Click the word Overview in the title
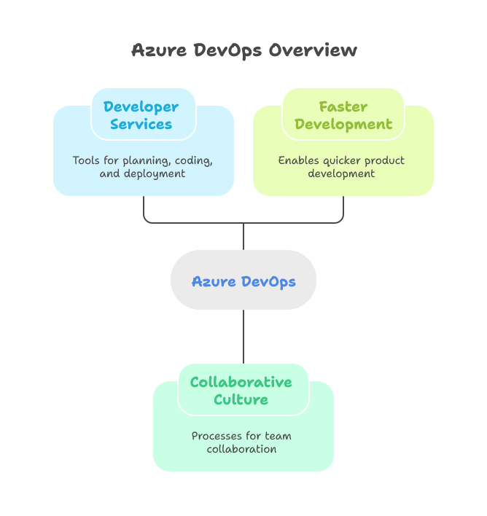coord(313,51)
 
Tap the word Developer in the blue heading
coord(141,107)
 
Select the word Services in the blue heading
coord(141,125)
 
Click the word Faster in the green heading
coord(343,107)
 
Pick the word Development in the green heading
coord(343,125)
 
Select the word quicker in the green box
coord(342,160)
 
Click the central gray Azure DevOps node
coord(243,281)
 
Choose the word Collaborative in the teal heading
coord(241,383)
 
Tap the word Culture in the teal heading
coord(241,400)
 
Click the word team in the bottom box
coord(278,436)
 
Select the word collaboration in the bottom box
coord(241,450)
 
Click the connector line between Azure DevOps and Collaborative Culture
coord(243,336)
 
